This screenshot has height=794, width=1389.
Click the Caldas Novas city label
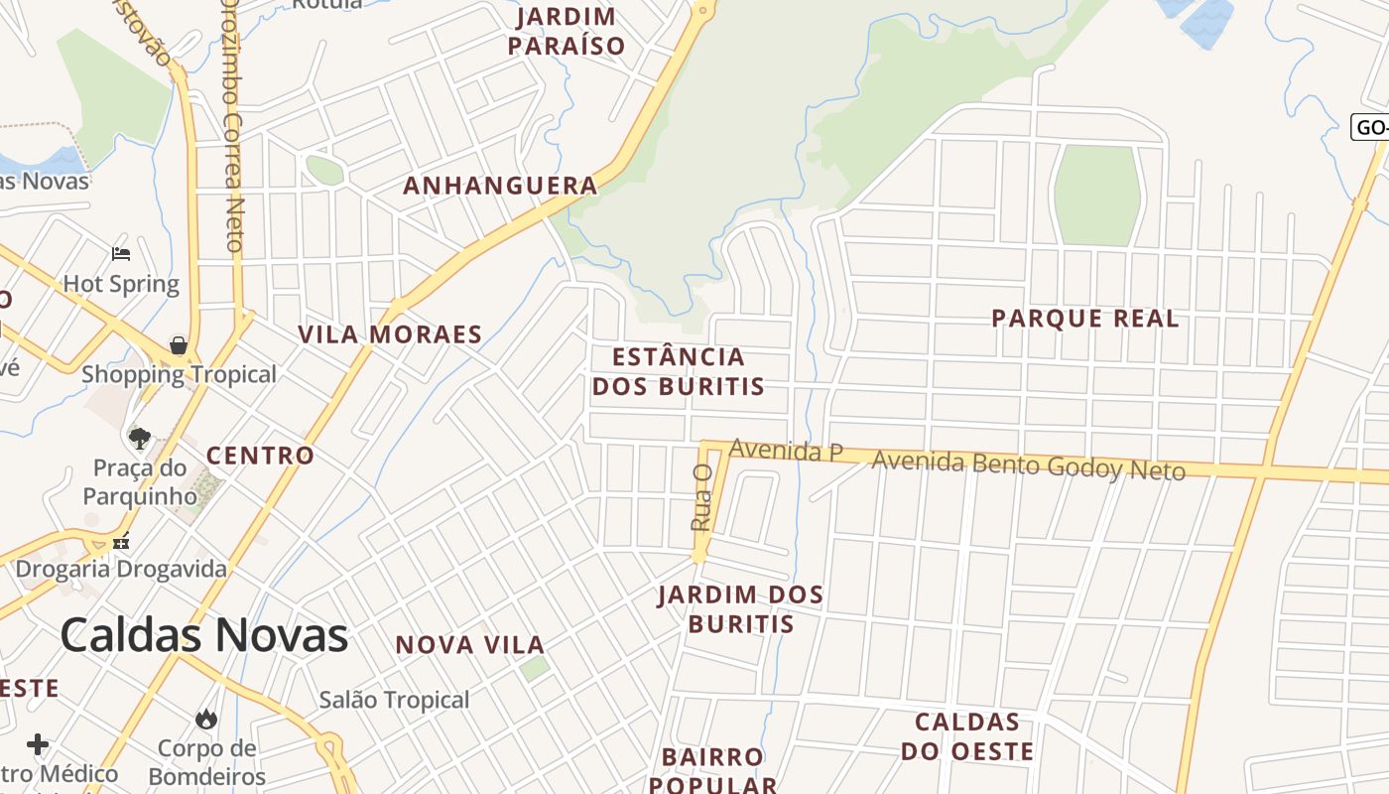pyautogui.click(x=204, y=635)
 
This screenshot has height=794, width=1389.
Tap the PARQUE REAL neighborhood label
pyautogui.click(x=1085, y=319)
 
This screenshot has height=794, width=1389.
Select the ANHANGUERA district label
pyautogui.click(x=500, y=186)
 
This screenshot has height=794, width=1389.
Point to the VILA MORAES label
pyautogui.click(x=390, y=334)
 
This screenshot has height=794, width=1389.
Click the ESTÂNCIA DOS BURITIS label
pyautogui.click(x=679, y=371)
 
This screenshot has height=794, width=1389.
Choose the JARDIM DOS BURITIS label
pyautogui.click(x=741, y=608)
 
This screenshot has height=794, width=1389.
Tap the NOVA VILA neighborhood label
pyautogui.click(x=469, y=645)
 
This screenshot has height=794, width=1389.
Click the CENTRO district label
pyautogui.click(x=260, y=456)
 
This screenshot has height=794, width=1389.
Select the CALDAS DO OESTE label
pyautogui.click(x=967, y=736)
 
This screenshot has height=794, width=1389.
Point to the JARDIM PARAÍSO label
pyautogui.click(x=567, y=31)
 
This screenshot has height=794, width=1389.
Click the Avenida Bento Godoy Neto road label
pyautogui.click(x=1028, y=464)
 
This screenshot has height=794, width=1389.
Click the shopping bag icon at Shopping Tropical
pyautogui.click(x=179, y=345)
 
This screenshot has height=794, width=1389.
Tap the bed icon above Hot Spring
pyautogui.click(x=121, y=254)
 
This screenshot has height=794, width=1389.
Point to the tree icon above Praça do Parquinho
pyautogui.click(x=140, y=438)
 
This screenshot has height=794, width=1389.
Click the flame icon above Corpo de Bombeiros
pyautogui.click(x=206, y=718)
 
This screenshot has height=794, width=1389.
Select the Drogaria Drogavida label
pyautogui.click(x=121, y=570)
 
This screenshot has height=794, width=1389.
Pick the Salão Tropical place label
pyautogui.click(x=394, y=700)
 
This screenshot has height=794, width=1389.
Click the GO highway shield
pyautogui.click(x=1370, y=127)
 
